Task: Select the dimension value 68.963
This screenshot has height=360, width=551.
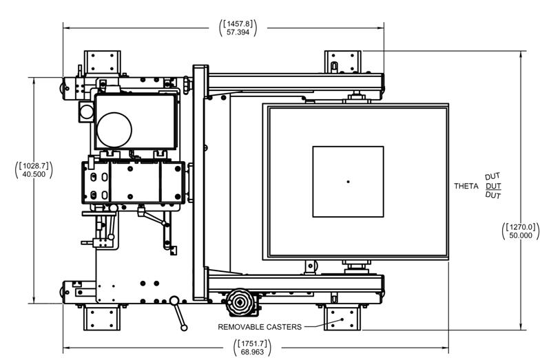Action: click(251, 352)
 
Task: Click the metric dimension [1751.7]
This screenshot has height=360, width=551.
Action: click(251, 343)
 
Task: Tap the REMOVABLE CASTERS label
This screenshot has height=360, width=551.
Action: click(260, 327)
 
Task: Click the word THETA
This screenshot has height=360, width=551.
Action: click(466, 187)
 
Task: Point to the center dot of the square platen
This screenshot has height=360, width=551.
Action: click(348, 182)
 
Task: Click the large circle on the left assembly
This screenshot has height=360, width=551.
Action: click(113, 129)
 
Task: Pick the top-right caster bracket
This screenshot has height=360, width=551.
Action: click(342, 63)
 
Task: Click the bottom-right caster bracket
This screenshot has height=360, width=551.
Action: click(342, 317)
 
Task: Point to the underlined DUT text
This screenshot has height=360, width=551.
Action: click(493, 187)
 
